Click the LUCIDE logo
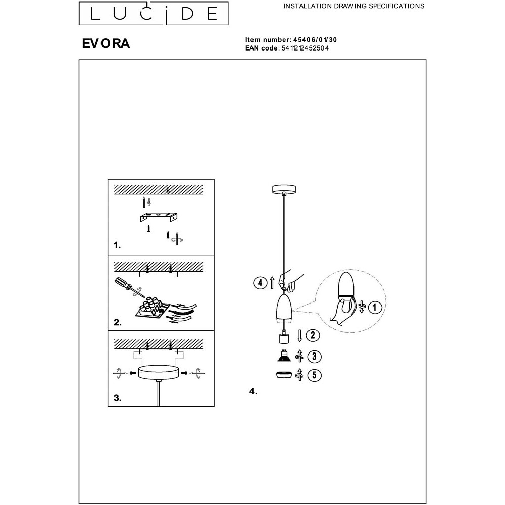tap(154, 13)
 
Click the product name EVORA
tap(106, 43)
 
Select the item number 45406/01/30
tap(315, 40)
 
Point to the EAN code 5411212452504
tap(305, 48)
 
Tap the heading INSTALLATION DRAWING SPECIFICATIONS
tap(353, 6)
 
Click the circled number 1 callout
tap(375, 307)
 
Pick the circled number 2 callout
tap(313, 335)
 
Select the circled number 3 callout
tap(314, 357)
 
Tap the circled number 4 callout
tap(260, 283)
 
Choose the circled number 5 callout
tap(314, 375)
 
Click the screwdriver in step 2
tap(129, 287)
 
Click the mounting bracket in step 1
tap(159, 217)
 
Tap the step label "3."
tap(118, 398)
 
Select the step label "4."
tap(253, 392)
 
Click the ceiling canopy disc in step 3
tap(159, 373)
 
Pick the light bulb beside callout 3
tap(284, 355)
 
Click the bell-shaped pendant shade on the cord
tap(284, 307)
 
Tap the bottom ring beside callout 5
tap(284, 375)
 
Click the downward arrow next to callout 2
tap(299, 336)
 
